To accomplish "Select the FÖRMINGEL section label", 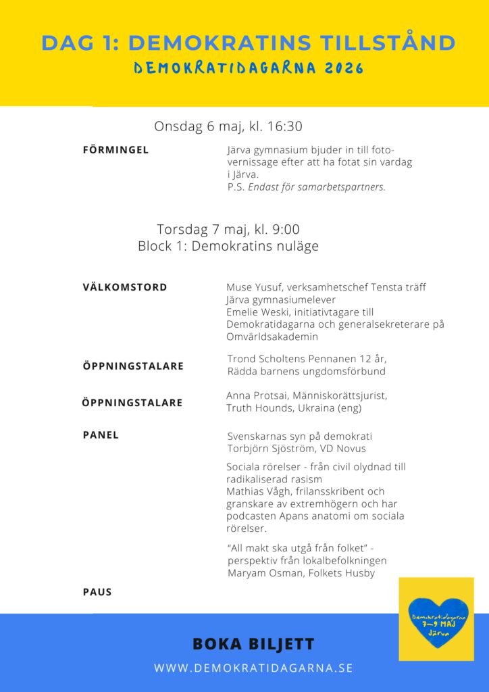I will (x=115, y=150).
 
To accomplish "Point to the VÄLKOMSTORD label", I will (x=125, y=287).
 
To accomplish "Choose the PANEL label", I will (x=101, y=435).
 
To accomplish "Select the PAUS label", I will (x=97, y=592).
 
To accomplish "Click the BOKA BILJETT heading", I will (x=244, y=644).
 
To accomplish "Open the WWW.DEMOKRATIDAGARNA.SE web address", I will (x=253, y=668).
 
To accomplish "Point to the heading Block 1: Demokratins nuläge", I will (x=228, y=247).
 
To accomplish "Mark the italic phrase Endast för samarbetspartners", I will (x=317, y=187).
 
